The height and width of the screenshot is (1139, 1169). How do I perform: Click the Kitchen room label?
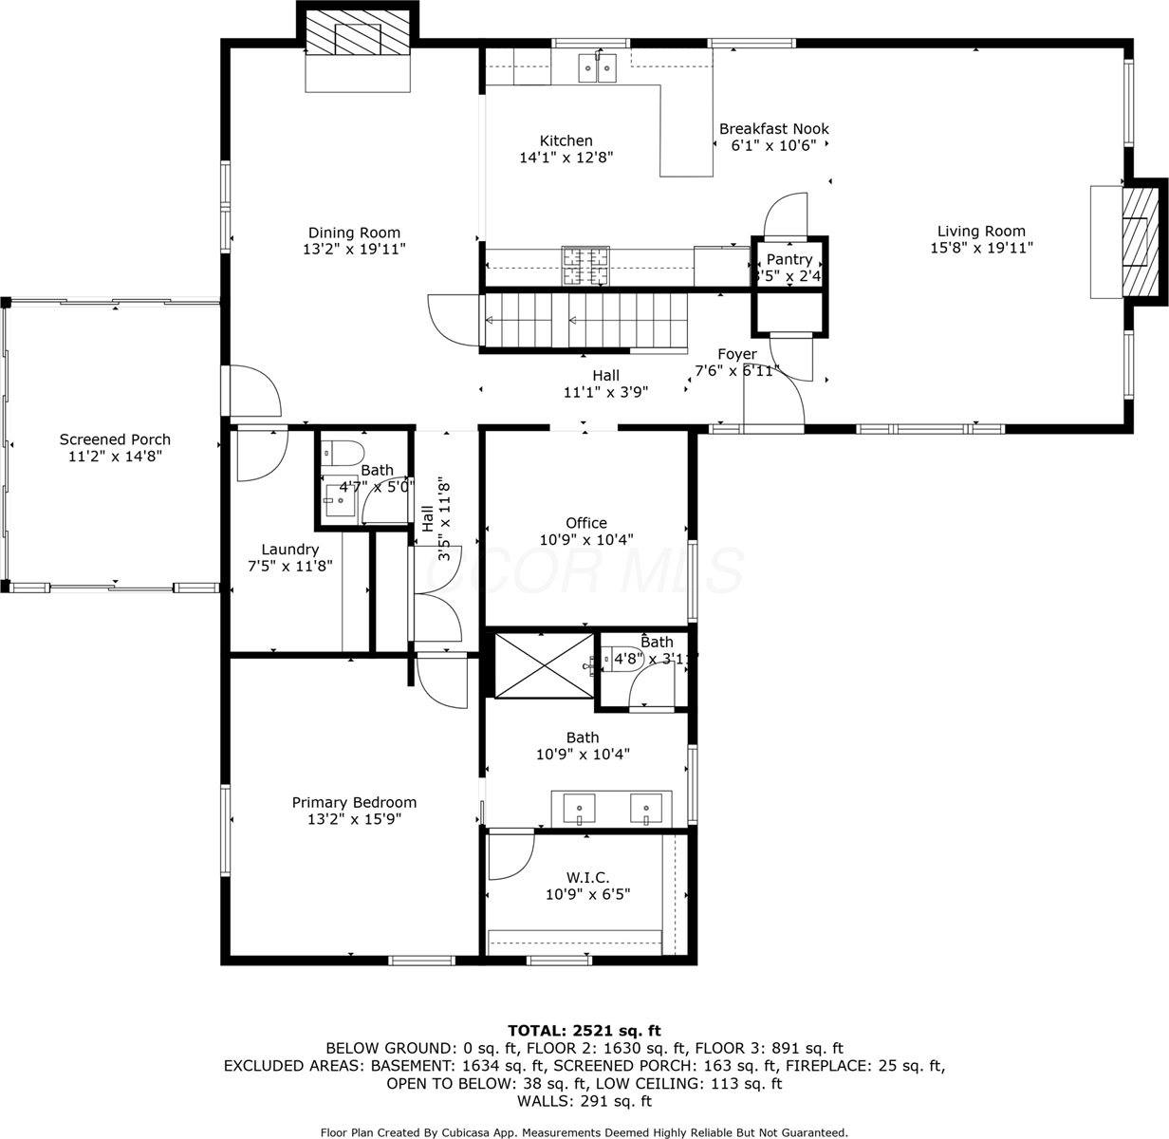coord(566,140)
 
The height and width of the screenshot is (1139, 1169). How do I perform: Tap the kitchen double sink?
coord(597,67)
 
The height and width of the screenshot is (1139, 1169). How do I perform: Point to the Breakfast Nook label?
coord(773,129)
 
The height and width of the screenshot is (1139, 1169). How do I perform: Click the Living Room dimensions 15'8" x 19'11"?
coord(981,248)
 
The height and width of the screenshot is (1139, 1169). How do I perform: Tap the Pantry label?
coord(789,259)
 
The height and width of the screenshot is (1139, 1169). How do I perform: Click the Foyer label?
coord(737,354)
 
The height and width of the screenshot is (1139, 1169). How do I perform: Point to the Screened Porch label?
coord(115,439)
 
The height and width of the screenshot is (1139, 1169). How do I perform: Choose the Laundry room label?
coord(289,550)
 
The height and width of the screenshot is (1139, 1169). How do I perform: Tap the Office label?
coord(585,523)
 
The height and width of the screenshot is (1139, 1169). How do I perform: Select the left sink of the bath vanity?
coord(579,809)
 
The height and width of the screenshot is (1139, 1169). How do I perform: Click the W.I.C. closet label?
coord(588,877)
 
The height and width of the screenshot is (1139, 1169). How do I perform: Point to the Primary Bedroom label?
coord(353,802)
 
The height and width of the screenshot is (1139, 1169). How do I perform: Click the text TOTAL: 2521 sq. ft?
coord(584,1030)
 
